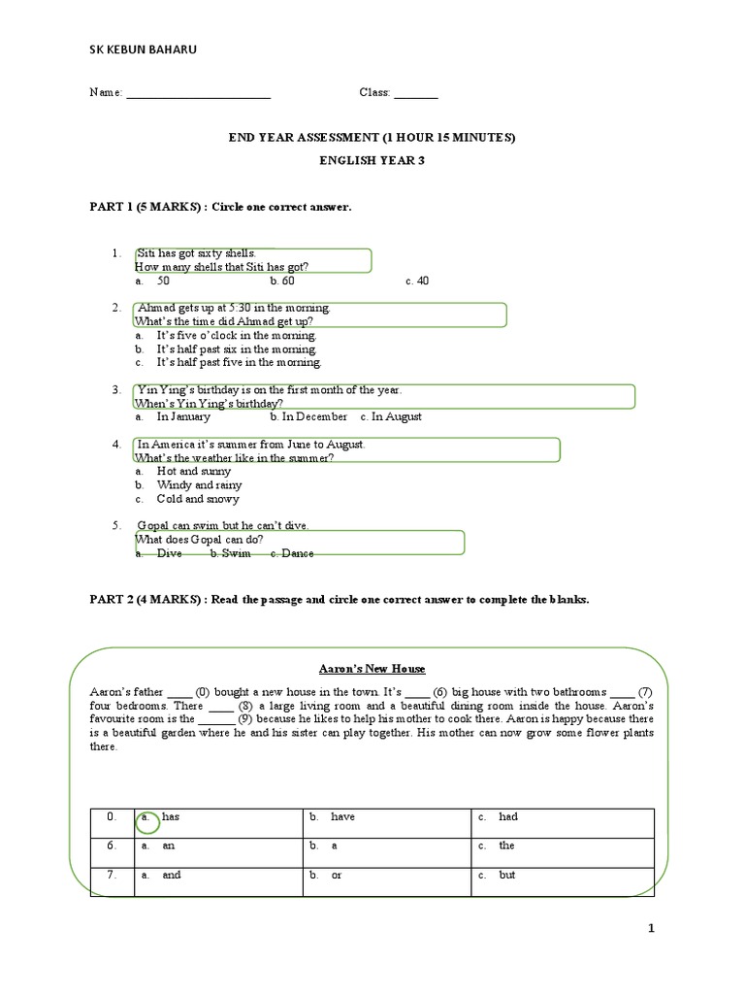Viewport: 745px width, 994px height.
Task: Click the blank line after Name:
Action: click(198, 94)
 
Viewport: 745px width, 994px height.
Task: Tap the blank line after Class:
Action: click(415, 94)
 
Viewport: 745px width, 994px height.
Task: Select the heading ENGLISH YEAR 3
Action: click(372, 161)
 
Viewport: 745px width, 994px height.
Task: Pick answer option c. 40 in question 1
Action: click(417, 281)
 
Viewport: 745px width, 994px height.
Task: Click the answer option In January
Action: click(182, 416)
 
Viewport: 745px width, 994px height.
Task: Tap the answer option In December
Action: click(308, 416)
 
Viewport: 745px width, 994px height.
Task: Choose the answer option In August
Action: click(391, 416)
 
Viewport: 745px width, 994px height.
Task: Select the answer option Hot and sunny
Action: click(194, 471)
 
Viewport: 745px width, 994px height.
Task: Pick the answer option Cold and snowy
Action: click(197, 499)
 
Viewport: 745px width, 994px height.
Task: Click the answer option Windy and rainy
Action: click(199, 484)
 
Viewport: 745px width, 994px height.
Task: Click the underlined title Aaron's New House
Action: click(372, 669)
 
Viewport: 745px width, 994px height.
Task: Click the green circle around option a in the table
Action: click(148, 821)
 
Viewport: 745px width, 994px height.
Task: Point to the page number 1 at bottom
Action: click(652, 929)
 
